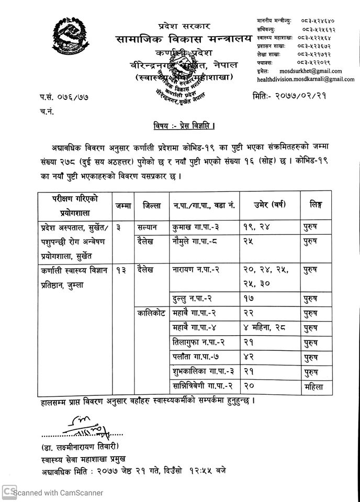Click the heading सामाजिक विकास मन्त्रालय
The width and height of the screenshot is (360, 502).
click(x=184, y=39)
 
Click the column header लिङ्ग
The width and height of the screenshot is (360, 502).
click(x=316, y=206)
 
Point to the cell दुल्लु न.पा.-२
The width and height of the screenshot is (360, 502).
click(x=192, y=299)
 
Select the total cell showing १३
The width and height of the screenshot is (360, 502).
click(x=123, y=270)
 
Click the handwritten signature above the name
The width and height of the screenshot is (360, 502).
click(x=84, y=424)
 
